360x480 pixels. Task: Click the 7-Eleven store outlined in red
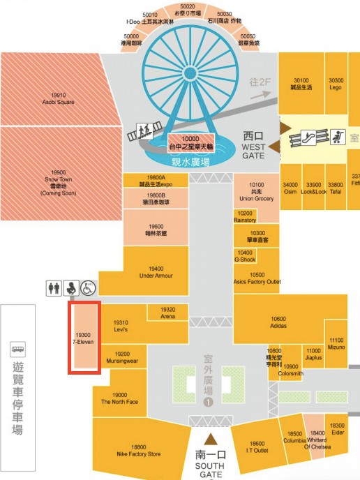click(84, 338)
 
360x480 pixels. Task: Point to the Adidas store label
click(278, 322)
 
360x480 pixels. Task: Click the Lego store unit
click(336, 84)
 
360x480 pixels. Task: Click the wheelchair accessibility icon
click(89, 287)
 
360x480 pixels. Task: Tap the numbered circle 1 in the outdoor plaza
click(207, 402)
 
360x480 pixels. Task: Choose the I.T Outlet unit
click(257, 447)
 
